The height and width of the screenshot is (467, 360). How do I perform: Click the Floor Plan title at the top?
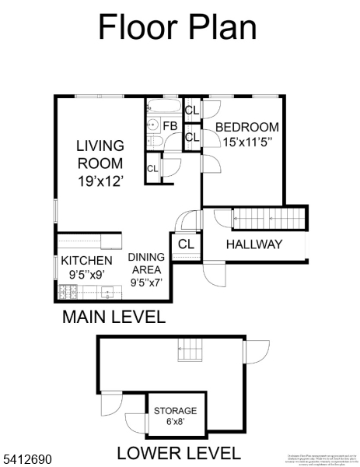[x=177, y=27]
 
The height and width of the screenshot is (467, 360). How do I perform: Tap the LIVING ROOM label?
[x=100, y=154]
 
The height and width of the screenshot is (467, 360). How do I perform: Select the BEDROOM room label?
[x=246, y=128]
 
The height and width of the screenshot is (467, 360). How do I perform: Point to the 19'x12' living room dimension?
[x=100, y=180]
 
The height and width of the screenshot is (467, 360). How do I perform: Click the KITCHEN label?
[x=86, y=260]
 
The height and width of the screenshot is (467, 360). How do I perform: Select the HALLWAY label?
[x=253, y=244]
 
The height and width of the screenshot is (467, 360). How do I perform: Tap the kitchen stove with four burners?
[x=69, y=293]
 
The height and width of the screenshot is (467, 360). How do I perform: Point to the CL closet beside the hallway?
[x=186, y=244]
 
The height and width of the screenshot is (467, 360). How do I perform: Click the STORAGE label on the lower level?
[x=175, y=410]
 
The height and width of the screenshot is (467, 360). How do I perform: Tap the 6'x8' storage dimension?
[x=175, y=423]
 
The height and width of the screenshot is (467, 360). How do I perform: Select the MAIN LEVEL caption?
[x=114, y=317]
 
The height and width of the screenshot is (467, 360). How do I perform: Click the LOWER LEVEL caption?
[x=179, y=452]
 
